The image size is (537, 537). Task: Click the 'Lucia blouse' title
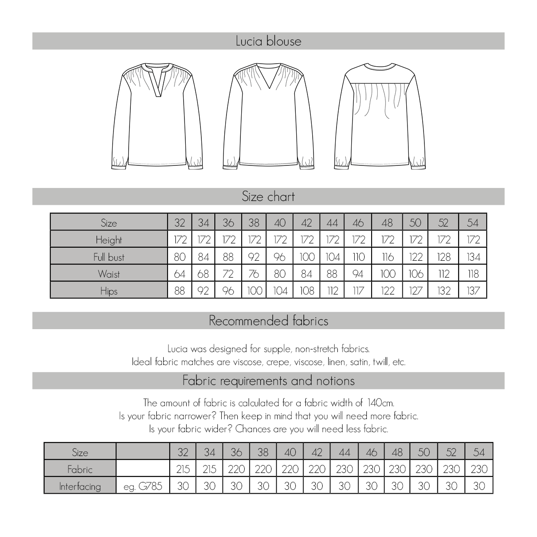pyautogui.click(x=268, y=41)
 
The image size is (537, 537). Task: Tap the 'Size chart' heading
pyautogui.click(x=268, y=197)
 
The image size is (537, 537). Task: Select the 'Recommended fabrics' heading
pyautogui.click(x=268, y=321)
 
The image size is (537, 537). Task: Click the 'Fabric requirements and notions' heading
pyautogui.click(x=268, y=381)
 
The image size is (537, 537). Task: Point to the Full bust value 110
pyautogui.click(x=358, y=257)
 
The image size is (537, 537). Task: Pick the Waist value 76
pyautogui.click(x=254, y=274)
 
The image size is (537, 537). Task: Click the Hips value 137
pyautogui.click(x=473, y=291)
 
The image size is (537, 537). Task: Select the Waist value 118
pyautogui.click(x=473, y=274)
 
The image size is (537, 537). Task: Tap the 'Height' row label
pyautogui.click(x=109, y=240)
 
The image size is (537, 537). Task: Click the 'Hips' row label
pyautogui.click(x=109, y=291)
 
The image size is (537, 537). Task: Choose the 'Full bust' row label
pyautogui.click(x=109, y=257)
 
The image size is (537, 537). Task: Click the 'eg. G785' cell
pyautogui.click(x=143, y=486)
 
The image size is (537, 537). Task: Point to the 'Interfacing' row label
pyautogui.click(x=80, y=486)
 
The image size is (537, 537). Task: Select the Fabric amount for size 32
pyautogui.click(x=183, y=469)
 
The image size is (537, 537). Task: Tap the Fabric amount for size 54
pyautogui.click(x=479, y=469)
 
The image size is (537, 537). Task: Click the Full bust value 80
pyautogui.click(x=180, y=257)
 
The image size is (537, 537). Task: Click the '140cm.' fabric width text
pyautogui.click(x=380, y=403)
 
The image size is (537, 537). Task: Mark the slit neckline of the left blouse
pyautogui.click(x=158, y=82)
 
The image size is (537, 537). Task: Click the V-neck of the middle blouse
pyautogui.click(x=268, y=80)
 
